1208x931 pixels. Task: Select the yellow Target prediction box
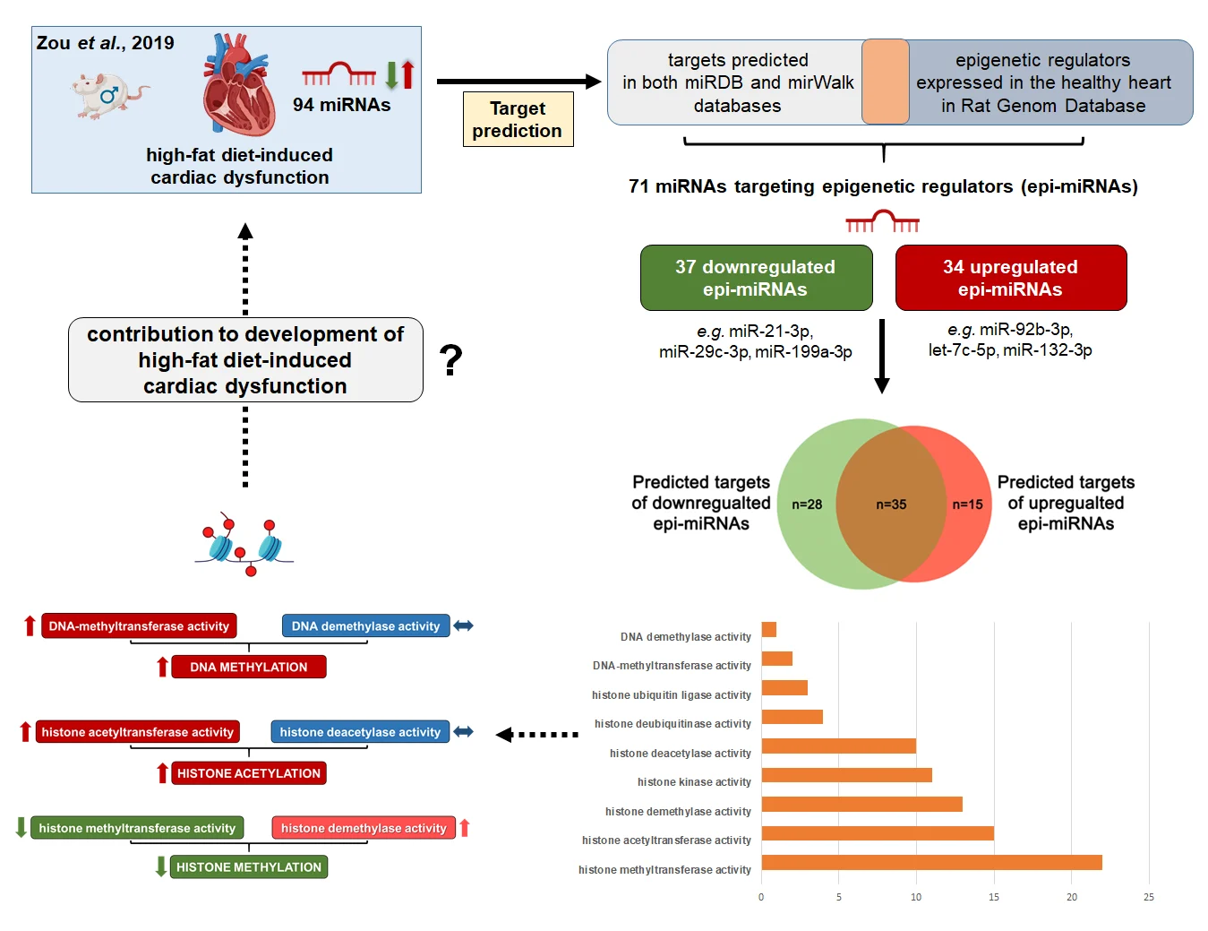518,119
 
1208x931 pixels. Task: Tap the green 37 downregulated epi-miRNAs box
756,278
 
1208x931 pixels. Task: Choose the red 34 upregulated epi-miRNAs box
1010,278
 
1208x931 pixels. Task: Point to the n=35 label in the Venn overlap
891,504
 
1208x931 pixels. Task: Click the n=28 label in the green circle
807,504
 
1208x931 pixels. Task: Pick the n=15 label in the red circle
967,504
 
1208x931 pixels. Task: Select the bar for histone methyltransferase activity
931,862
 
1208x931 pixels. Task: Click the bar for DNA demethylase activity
769,630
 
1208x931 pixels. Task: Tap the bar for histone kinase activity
846,775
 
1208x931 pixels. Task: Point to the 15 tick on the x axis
994,897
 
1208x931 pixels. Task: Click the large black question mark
451,360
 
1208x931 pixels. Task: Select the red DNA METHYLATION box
249,667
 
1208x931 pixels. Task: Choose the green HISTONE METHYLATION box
249,866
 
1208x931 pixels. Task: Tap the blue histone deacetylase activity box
360,732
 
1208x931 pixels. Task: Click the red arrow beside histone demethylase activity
465,828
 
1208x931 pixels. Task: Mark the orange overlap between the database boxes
886,82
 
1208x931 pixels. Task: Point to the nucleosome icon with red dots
244,544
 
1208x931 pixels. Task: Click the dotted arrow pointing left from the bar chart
537,735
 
